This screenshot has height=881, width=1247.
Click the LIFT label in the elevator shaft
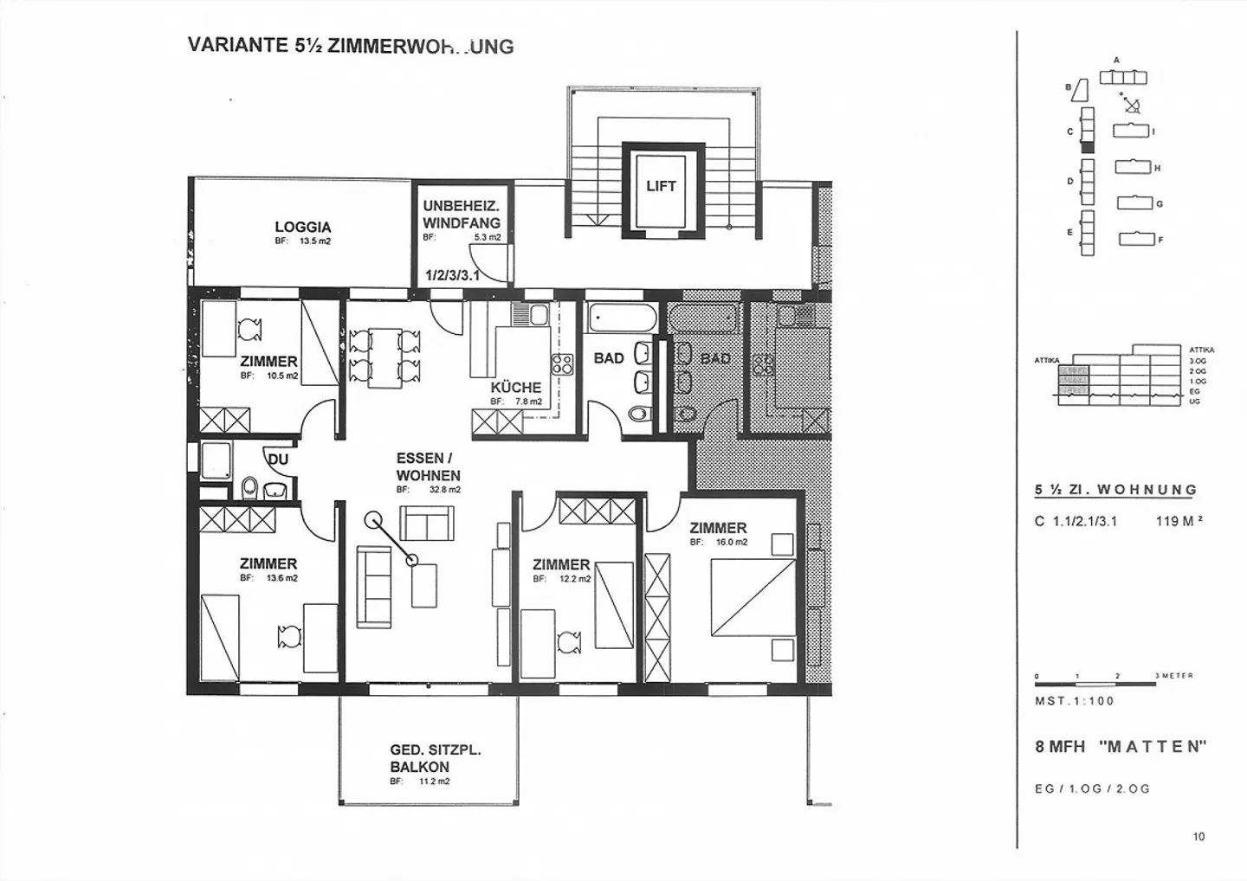click(661, 185)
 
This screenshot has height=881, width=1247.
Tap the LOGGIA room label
click(303, 227)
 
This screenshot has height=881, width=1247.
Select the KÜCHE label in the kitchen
click(515, 388)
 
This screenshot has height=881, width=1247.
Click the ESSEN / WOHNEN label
click(428, 466)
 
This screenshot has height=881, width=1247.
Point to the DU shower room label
click(278, 460)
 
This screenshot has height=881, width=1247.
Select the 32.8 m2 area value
click(445, 490)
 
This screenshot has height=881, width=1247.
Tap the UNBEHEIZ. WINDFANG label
click(462, 214)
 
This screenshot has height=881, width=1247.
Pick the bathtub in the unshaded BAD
click(622, 318)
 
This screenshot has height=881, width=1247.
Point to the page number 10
click(1198, 836)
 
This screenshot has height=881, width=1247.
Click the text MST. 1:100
click(1074, 701)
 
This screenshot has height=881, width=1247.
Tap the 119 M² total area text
click(1179, 522)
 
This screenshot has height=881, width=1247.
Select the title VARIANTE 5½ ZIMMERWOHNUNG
click(350, 46)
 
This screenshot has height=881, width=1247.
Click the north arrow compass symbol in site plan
click(1130, 104)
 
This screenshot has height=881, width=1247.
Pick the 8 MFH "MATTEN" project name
click(1121, 747)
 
